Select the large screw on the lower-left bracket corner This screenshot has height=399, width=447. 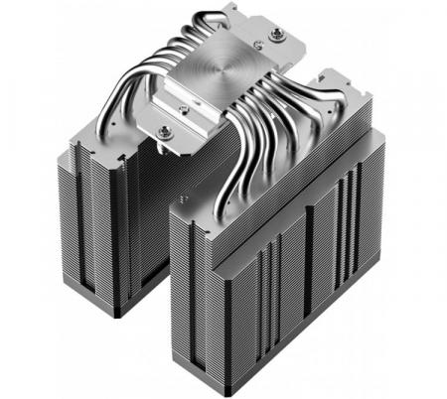164,131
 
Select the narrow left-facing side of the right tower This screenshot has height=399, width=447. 194,298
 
